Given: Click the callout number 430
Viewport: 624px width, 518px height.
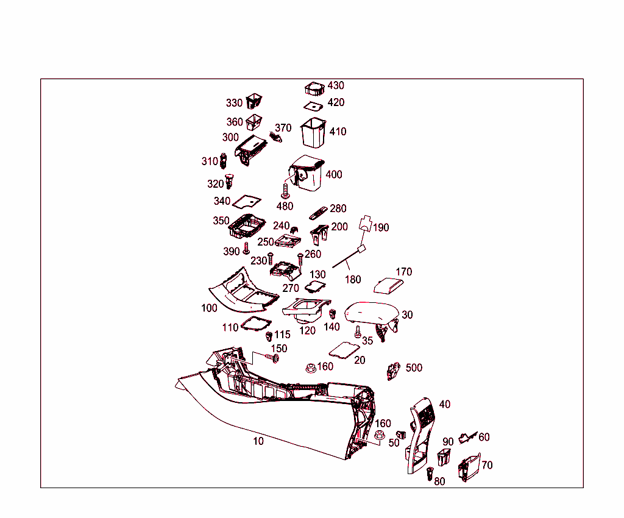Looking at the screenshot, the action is click(336, 85).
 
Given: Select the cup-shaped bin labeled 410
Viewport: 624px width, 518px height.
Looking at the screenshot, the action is click(313, 132).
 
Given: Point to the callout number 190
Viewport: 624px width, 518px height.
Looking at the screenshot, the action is click(381, 227).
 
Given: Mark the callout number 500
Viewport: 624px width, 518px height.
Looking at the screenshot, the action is click(414, 367).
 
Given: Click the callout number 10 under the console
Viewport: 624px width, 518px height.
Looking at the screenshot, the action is click(258, 441).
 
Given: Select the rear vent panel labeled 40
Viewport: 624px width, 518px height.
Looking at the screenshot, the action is click(421, 435).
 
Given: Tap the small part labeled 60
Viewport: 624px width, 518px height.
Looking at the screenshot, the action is click(467, 438).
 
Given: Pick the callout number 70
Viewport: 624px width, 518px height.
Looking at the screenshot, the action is click(487, 465).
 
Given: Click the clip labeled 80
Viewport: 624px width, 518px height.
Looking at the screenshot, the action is click(430, 474).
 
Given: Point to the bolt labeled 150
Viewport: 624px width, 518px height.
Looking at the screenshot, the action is click(272, 358).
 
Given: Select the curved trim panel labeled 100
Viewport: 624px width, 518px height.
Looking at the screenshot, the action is click(243, 291).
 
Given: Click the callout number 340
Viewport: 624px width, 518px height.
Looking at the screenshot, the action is click(222, 201).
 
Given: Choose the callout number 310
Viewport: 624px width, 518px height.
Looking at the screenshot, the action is click(210, 161).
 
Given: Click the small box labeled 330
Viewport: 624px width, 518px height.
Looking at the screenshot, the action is click(254, 101).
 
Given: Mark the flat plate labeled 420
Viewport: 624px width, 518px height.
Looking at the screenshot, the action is click(313, 106).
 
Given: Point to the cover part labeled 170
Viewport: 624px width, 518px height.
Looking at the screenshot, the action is click(388, 286).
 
